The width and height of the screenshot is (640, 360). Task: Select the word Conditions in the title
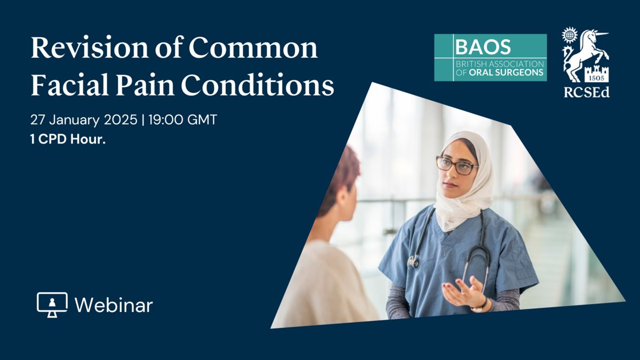point(258,85)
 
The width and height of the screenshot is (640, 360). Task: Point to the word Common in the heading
point(253,47)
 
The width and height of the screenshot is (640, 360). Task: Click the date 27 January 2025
point(84,120)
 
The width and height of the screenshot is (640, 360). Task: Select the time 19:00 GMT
point(183,119)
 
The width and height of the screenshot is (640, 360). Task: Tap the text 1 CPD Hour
point(68,139)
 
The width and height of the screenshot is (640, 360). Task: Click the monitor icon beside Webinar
point(52,305)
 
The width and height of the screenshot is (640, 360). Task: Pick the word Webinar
point(114,305)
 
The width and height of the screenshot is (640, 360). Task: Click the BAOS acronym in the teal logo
point(483,46)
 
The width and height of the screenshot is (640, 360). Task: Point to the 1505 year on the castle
point(596,78)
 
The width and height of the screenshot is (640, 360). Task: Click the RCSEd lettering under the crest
point(587,92)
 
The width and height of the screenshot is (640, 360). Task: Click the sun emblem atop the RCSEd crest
point(570,35)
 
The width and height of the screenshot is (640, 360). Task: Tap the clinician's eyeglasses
point(457,165)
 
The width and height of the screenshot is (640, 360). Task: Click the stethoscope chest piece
point(412,262)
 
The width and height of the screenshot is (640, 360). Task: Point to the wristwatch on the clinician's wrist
point(481,306)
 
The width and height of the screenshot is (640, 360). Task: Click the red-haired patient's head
point(340,183)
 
